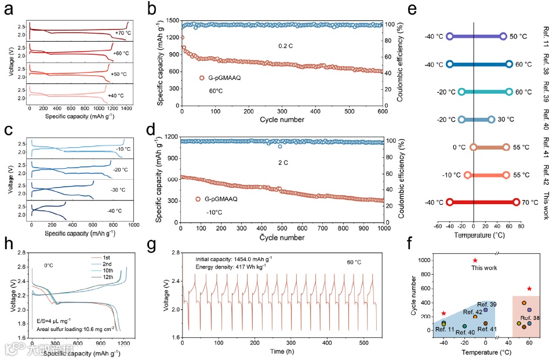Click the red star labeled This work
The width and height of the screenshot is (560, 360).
click(x=475, y=260)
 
